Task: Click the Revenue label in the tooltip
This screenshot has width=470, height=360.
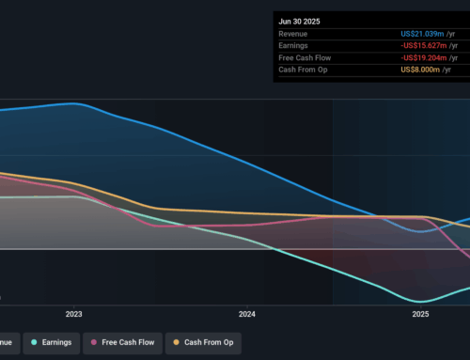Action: tap(296, 33)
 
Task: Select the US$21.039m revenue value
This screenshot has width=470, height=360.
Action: tap(425, 33)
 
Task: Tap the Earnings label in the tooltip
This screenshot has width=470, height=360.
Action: tap(296, 46)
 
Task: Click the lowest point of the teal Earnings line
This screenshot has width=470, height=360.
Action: tap(420, 301)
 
